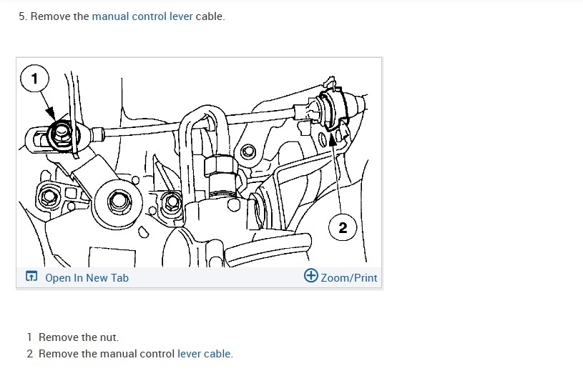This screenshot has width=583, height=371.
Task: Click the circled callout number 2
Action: pyautogui.click(x=343, y=227)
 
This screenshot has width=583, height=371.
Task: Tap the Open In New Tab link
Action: pyautogui.click(x=87, y=277)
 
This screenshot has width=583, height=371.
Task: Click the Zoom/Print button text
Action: pyautogui.click(x=348, y=277)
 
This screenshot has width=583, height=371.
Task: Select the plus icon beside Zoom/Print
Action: pyautogui.click(x=311, y=276)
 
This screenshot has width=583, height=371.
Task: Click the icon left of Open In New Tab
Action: pyautogui.click(x=31, y=277)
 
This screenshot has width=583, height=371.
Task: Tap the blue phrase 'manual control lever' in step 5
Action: pyautogui.click(x=142, y=16)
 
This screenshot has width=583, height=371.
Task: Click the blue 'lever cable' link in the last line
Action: pyautogui.click(x=205, y=353)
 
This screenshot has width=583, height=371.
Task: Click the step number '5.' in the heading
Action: pyautogui.click(x=23, y=16)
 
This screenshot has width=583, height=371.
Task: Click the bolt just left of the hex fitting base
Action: pyautogui.click(x=172, y=203)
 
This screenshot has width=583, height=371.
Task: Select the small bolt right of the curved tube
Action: pyautogui.click(x=248, y=152)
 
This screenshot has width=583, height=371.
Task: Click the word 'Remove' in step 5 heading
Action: pyautogui.click(x=52, y=16)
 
